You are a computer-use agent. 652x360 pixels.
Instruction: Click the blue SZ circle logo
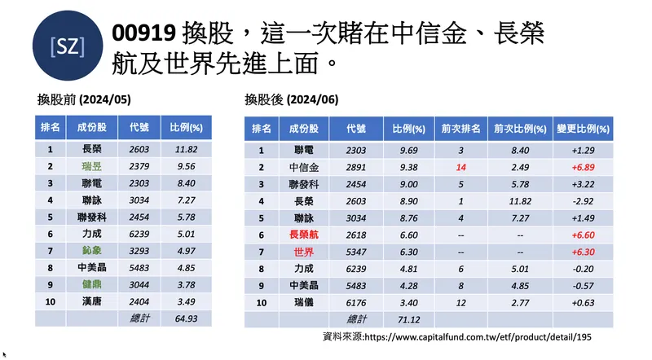67,47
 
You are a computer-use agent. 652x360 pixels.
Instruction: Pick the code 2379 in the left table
139,166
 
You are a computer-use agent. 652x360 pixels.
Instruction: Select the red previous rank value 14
460,167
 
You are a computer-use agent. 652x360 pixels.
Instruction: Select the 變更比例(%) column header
583,129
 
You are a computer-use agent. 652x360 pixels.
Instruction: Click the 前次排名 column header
460,129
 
